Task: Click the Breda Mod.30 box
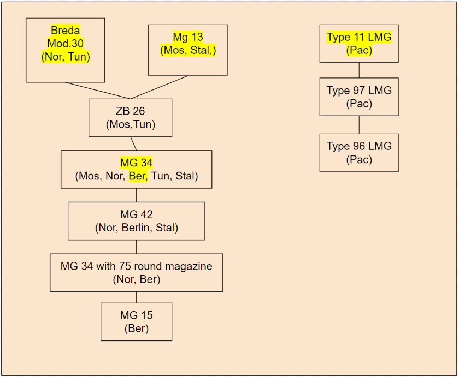click(66, 50)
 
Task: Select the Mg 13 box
click(188, 50)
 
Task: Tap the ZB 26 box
click(130, 118)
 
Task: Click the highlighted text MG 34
click(137, 163)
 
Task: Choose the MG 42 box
click(137, 221)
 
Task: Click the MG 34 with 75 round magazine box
click(137, 273)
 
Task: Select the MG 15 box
click(137, 322)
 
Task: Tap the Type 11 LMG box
click(359, 44)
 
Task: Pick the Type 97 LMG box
click(359, 97)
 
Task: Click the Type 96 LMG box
click(359, 153)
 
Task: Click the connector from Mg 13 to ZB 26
click(160, 87)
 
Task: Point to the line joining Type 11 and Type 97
click(359, 70)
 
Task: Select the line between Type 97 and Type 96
click(359, 124)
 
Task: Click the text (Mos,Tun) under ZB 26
click(130, 124)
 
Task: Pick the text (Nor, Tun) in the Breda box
click(66, 56)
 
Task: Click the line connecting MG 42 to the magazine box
click(137, 247)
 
